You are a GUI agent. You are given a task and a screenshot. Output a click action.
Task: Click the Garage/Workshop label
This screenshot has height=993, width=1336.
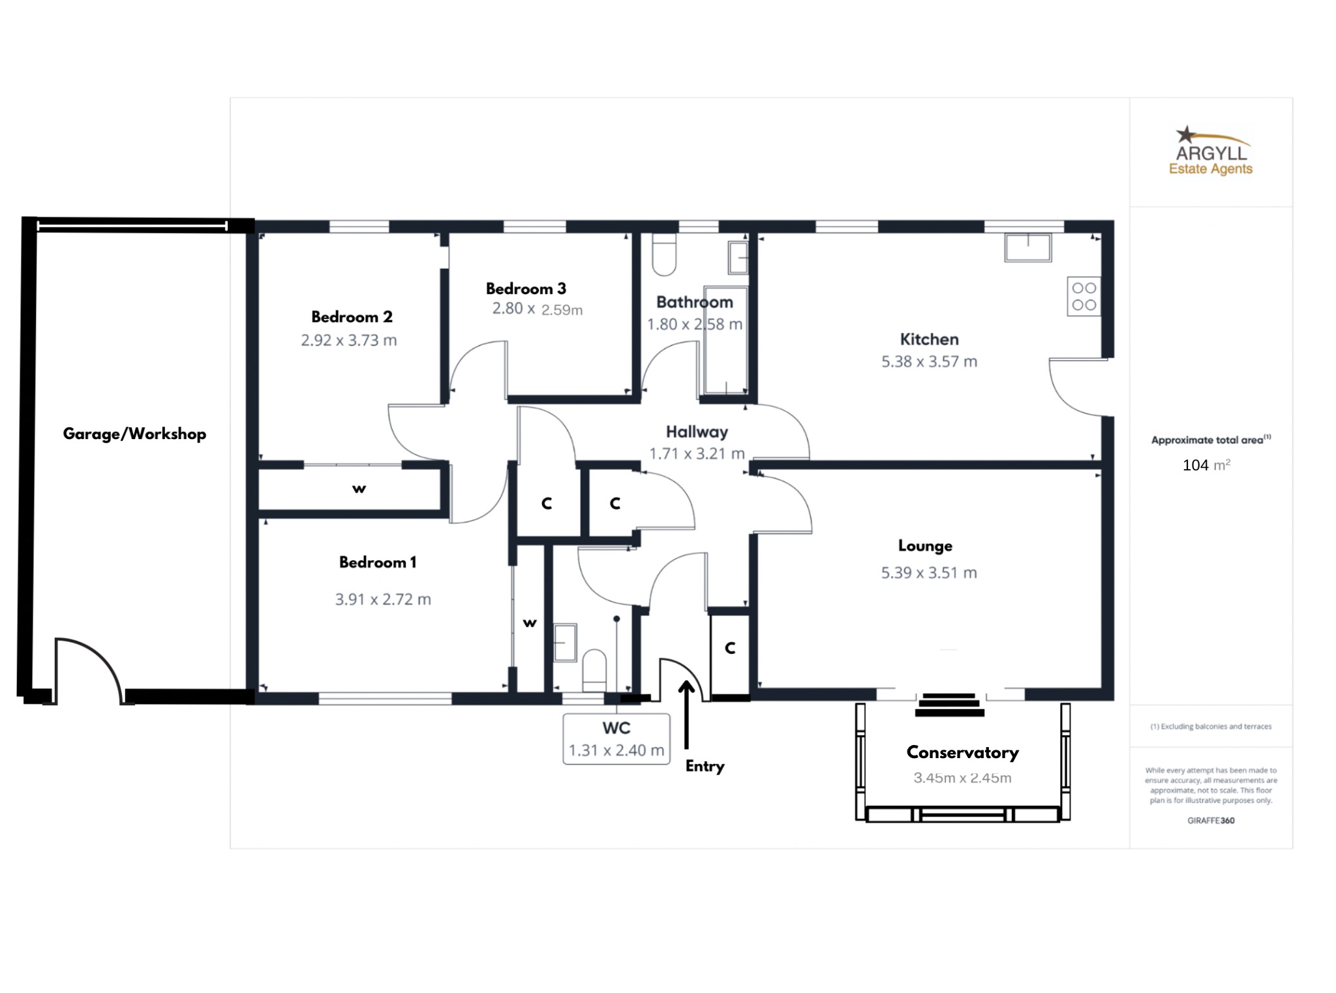pos(134,435)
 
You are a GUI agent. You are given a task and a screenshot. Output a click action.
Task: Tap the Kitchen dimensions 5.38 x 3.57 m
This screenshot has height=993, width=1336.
pos(929,361)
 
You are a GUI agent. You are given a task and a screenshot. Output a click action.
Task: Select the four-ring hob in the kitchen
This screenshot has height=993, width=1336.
pos(1084,297)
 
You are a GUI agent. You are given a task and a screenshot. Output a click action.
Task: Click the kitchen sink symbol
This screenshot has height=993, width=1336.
pos(1028,248)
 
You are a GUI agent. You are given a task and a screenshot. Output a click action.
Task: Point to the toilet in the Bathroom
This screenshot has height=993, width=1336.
pos(664,255)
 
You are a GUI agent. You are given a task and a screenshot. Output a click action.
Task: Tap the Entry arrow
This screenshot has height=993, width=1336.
pos(686,714)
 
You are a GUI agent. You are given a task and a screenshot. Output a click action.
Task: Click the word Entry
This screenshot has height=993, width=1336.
pos(705,767)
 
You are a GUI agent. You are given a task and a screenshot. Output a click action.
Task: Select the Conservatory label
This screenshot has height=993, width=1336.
pos(962,753)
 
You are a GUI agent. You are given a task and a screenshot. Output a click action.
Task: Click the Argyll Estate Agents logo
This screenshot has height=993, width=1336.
pos(1211,151)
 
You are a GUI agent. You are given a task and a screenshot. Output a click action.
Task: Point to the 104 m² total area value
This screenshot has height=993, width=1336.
pos(1206,465)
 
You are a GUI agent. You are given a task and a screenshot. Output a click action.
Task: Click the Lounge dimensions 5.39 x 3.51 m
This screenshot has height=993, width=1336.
pos(929,573)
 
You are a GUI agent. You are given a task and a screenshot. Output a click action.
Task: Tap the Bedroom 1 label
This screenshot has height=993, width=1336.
pos(378,562)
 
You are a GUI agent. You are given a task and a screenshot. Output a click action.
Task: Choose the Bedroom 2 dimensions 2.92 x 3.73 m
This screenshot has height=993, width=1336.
pos(349,341)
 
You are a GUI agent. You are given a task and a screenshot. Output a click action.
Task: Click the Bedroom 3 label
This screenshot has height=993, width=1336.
pos(526,289)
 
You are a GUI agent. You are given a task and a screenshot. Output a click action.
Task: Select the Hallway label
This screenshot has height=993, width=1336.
pos(697,432)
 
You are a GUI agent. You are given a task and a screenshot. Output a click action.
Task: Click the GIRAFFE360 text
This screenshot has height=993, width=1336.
pos(1211,821)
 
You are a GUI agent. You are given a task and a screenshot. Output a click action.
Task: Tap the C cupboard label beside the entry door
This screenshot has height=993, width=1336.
pos(730,648)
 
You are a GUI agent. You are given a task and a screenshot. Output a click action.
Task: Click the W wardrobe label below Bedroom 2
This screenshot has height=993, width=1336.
pos(359,489)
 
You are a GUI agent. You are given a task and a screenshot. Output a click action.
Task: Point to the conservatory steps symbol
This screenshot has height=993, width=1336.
pos(950,705)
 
